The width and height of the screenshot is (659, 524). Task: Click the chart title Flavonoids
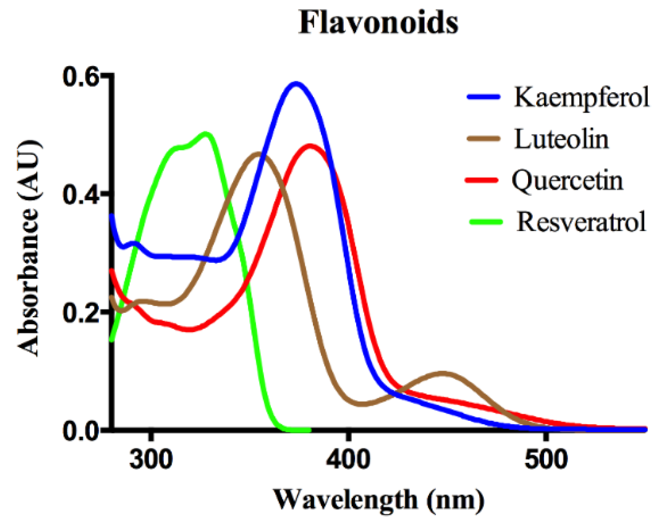[378, 23]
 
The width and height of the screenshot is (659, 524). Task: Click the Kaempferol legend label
[581, 98]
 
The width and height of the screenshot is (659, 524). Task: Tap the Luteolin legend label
[561, 139]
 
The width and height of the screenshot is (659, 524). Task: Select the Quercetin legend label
[567, 181]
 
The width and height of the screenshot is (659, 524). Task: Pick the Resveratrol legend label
[581, 222]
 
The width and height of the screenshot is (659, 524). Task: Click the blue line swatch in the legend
[484, 97]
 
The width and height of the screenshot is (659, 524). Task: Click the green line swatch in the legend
[485, 221]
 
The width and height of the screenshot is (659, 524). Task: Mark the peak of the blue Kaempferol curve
[296, 83]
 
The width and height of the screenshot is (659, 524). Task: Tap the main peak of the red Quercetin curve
[310, 146]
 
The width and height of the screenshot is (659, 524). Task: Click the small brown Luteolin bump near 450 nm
[443, 373]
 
